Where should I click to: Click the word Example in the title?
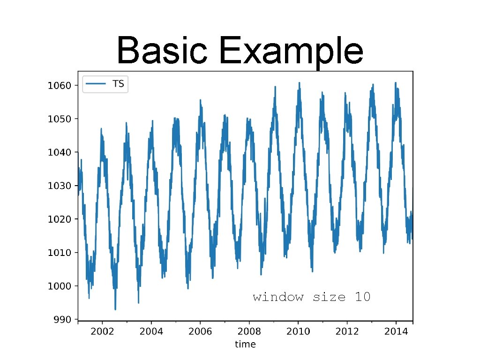(x=291, y=52)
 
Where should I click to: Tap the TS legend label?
(x=118, y=84)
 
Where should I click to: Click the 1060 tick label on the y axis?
(x=60, y=85)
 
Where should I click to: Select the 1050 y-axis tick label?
(x=60, y=119)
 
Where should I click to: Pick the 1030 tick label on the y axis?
(x=60, y=186)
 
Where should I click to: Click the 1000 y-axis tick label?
(x=60, y=286)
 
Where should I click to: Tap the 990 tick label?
(x=62, y=319)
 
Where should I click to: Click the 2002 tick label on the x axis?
(x=102, y=331)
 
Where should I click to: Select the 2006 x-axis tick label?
(x=200, y=331)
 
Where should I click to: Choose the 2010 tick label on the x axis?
(x=298, y=331)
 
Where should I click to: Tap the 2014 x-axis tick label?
(x=396, y=331)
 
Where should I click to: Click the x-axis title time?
(x=245, y=345)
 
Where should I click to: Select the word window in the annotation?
(x=278, y=297)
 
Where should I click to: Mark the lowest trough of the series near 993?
(x=115, y=309)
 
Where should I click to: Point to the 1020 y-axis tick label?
(x=60, y=219)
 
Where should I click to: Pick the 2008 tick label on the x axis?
(x=249, y=331)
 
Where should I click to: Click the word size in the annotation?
(x=328, y=297)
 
